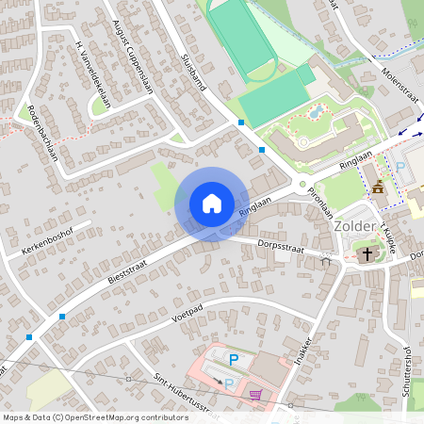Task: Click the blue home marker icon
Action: click(212, 204)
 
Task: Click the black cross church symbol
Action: click(367, 253)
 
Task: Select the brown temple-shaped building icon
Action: click(378, 187)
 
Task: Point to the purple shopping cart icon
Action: click(255, 396)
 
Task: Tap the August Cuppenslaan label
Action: click(132, 57)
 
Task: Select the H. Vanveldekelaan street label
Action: click(91, 75)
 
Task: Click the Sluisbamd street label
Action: click(191, 70)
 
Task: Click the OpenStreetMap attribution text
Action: click(94, 416)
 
